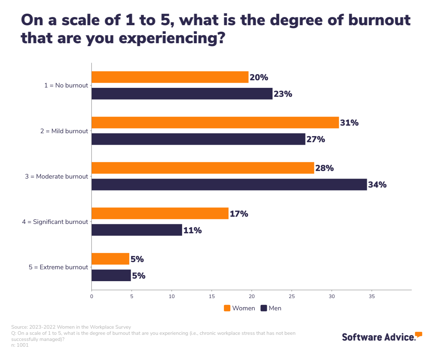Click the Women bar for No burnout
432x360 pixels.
pyautogui.click(x=170, y=77)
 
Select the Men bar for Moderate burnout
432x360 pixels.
pyautogui.click(x=229, y=185)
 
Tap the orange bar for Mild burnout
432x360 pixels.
pyautogui.click(x=215, y=122)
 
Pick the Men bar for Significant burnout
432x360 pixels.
pyautogui.click(x=137, y=230)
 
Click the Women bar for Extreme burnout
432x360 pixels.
pyautogui.click(x=110, y=259)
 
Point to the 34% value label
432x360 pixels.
pyautogui.click(x=377, y=185)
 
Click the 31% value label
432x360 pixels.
pyautogui.click(x=349, y=123)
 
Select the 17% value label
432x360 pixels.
pyautogui.click(x=239, y=214)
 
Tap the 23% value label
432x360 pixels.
pyautogui.click(x=283, y=94)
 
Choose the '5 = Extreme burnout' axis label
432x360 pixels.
pyautogui.click(x=58, y=267)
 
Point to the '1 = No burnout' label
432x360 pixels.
pyautogui.click(x=67, y=86)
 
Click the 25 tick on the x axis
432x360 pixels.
pyautogui.click(x=292, y=296)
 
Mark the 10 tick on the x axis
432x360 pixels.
pyautogui.click(x=172, y=296)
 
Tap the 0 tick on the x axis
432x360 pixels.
pyautogui.click(x=92, y=296)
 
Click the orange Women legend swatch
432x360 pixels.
pyautogui.click(x=227, y=308)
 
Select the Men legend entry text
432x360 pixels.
pyautogui.click(x=275, y=308)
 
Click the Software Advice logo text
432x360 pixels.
pyautogui.click(x=378, y=337)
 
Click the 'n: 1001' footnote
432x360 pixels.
pyautogui.click(x=20, y=345)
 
